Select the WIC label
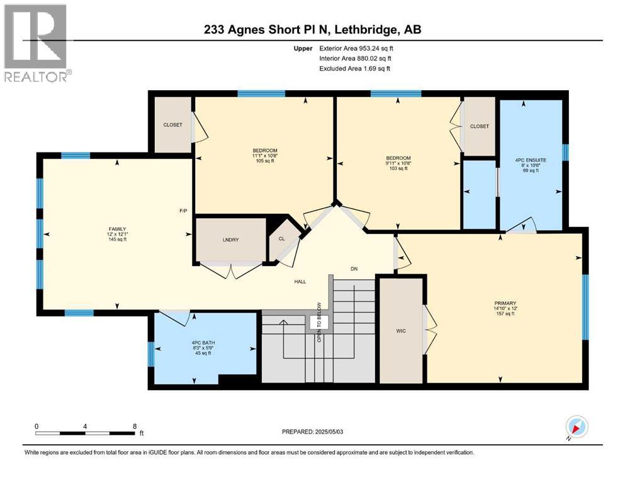tap(401, 330)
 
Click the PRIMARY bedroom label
tap(505, 303)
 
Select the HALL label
tap(300, 281)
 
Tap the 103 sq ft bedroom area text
tap(398, 168)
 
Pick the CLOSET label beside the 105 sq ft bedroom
tap(172, 125)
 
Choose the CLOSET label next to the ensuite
tap(480, 127)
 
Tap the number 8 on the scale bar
tap(135, 426)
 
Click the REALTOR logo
tap(36, 43)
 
